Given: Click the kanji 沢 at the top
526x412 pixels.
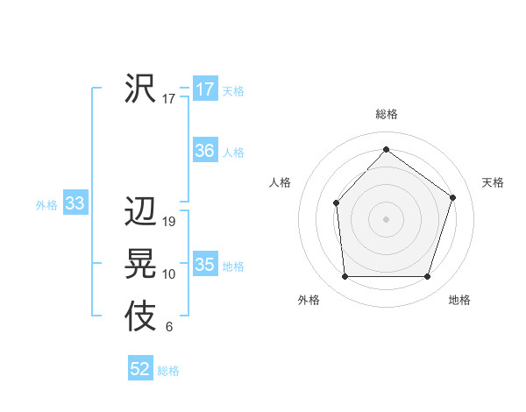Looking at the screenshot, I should coord(140,88).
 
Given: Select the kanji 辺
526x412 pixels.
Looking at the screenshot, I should coord(140,212).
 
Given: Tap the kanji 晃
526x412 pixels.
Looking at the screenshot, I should coord(140,265).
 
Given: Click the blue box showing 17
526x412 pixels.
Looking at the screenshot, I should coord(205,89).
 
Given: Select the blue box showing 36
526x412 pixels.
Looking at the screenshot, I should coord(205,151).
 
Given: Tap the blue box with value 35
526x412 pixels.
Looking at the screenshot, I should coord(205,265).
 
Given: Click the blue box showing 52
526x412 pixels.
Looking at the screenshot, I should coord(140,369).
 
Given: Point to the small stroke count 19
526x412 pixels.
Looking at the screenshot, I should coord(169,222).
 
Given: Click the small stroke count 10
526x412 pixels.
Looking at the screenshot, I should coord(169,274).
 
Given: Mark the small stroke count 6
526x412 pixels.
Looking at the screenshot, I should coord(169,328).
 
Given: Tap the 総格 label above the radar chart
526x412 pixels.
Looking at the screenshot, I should coord(387,114).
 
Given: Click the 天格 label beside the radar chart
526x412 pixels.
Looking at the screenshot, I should coord(493,182).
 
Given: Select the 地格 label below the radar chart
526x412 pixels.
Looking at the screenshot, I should coord(459,300).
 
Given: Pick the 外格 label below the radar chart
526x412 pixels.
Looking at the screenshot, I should coord(309,300).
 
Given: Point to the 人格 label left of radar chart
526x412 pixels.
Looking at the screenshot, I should coord(280,182).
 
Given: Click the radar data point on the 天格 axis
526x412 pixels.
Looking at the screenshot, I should coord(453,197).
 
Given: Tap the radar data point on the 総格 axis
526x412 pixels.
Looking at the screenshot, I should coord(387,149).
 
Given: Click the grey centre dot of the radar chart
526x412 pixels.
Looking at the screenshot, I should coord(387,218).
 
